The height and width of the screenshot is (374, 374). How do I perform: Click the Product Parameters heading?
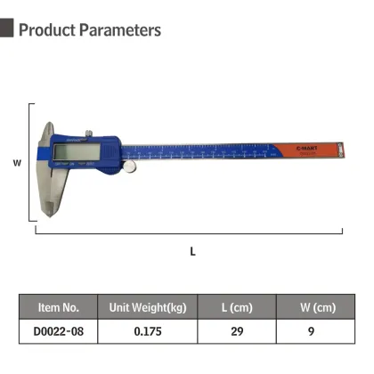pyautogui.click(x=89, y=30)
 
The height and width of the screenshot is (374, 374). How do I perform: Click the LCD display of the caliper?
pyautogui.click(x=73, y=152)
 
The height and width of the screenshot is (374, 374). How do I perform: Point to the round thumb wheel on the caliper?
pyautogui.click(x=130, y=166)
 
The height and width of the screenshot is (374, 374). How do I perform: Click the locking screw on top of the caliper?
pyautogui.click(x=88, y=133)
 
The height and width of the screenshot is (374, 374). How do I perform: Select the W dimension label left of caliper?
pyautogui.click(x=16, y=164)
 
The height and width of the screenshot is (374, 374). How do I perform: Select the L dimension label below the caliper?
pyautogui.click(x=191, y=251)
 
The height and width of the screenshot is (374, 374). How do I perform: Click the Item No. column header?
pyautogui.click(x=59, y=307)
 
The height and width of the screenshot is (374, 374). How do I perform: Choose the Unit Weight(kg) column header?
pyautogui.click(x=147, y=307)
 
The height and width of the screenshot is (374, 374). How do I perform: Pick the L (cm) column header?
pyautogui.click(x=237, y=307)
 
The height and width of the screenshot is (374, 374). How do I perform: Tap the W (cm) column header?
pyautogui.click(x=318, y=307)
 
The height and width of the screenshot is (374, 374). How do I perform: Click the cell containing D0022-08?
pyautogui.click(x=59, y=332)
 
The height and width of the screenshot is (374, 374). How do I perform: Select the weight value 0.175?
pyautogui.click(x=147, y=332)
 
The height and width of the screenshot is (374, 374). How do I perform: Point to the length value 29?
pyautogui.click(x=237, y=332)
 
